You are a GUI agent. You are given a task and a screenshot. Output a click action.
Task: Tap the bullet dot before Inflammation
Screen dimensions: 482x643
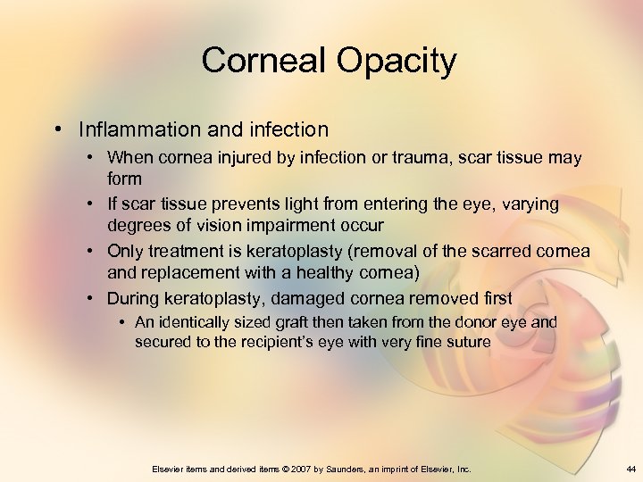click(57, 129)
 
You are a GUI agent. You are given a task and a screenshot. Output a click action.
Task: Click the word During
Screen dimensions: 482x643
click(135, 297)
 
